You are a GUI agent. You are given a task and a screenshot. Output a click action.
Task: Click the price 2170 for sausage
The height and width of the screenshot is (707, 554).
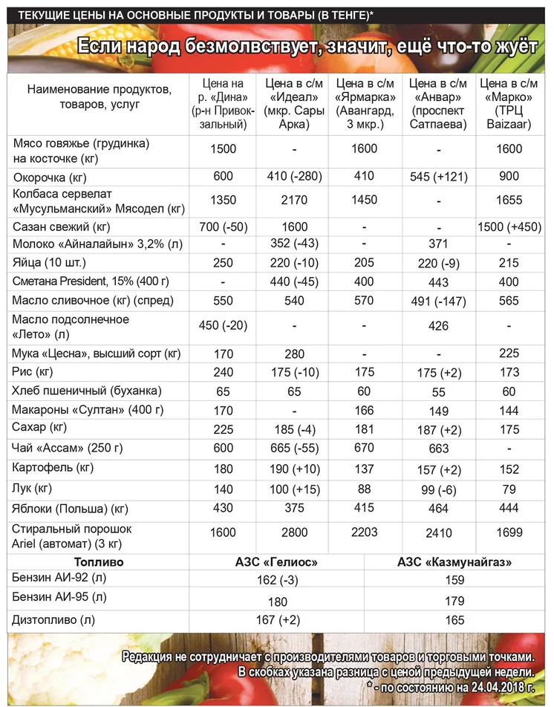pos(294,200)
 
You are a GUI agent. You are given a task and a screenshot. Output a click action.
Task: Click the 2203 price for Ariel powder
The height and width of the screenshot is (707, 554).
pos(365,532)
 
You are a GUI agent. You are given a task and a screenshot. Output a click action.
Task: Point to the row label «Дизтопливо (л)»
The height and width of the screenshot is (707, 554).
pos(55,619)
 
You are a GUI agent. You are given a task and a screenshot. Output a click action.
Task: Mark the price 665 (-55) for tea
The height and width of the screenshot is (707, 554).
pos(294,448)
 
